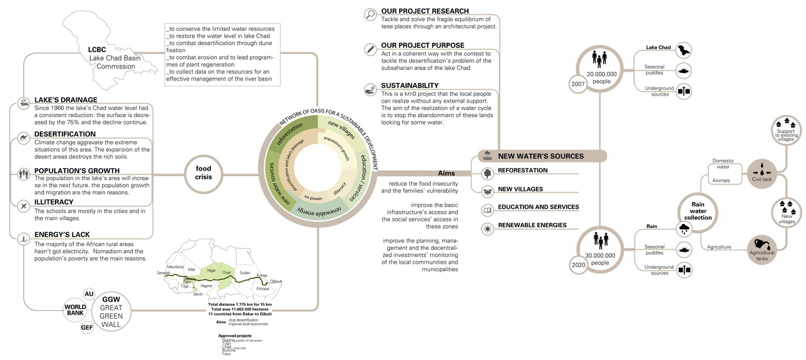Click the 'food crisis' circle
coord(203,173)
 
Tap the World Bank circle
coord(75,310)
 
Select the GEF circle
coord(86,328)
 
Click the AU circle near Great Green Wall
coord(89,294)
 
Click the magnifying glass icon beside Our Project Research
coord(370,13)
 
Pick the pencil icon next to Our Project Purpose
coord(370,48)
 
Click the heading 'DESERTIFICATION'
coord(65,134)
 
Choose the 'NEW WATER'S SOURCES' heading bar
coord(540,156)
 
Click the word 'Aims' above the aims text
coord(446,173)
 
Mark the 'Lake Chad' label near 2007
coord(659,48)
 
